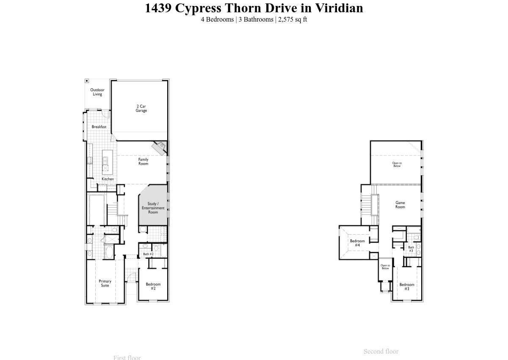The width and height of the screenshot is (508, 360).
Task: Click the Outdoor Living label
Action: (x=97, y=92)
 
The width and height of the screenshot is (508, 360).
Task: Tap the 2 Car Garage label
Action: (x=141, y=108)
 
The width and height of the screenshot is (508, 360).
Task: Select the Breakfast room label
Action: (x=99, y=127)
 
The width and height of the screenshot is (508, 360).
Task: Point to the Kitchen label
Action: (x=108, y=179)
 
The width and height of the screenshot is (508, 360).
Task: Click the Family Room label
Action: (x=144, y=161)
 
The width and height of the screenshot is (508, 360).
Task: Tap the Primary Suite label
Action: (x=105, y=283)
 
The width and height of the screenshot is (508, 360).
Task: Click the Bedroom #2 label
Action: (x=153, y=286)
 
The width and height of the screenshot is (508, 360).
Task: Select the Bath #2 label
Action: (x=148, y=254)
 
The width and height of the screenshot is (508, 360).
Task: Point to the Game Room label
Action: (x=400, y=205)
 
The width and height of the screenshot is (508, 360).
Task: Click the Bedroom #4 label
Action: (x=357, y=243)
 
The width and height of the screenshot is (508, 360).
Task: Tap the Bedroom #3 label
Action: (x=407, y=286)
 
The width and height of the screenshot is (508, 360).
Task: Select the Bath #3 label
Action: (x=411, y=249)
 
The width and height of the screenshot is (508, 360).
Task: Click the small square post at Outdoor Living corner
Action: (x=87, y=81)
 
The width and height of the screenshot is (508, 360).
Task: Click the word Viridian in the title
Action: (x=339, y=8)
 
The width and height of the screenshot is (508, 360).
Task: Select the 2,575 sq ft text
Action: (x=293, y=19)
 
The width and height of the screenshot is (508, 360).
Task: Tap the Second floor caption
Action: (x=381, y=352)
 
